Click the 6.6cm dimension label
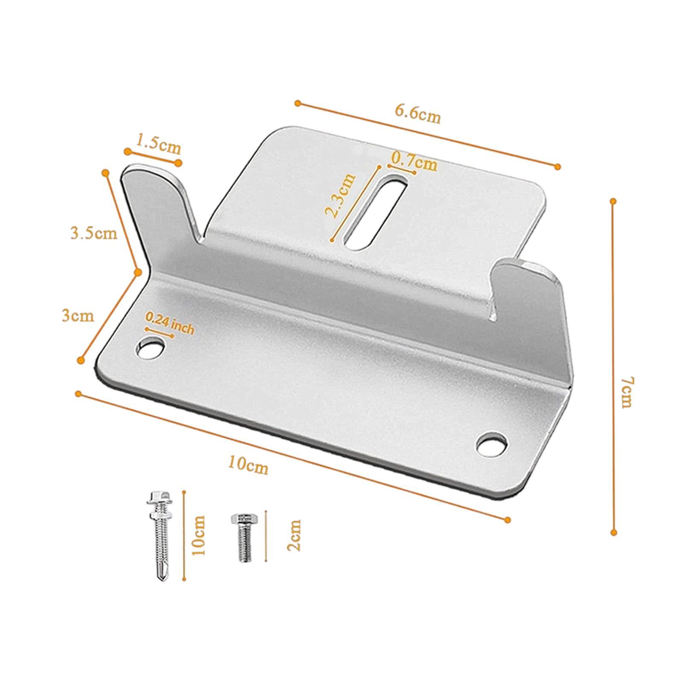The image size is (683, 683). tap(417, 113)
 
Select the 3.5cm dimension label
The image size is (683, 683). tap(93, 233)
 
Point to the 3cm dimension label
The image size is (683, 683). tap(78, 316)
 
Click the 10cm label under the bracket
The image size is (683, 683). tap(248, 465)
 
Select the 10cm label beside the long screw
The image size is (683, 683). tap(198, 535)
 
